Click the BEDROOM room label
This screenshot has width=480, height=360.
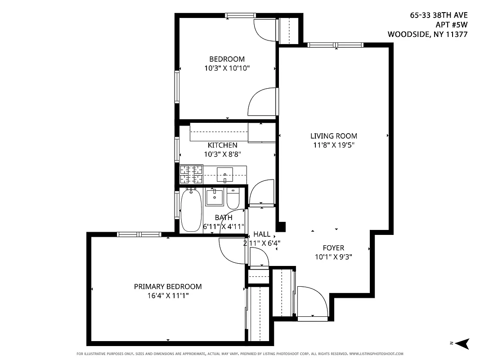(227, 59)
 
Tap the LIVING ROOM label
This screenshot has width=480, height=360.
(333, 136)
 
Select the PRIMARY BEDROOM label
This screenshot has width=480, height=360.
(168, 287)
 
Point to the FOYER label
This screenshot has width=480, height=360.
(333, 248)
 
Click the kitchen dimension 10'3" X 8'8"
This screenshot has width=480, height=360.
(222, 154)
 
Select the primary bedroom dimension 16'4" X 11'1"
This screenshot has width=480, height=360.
(168, 296)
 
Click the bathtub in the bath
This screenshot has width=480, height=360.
(191, 210)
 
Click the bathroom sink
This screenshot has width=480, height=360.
(215, 197)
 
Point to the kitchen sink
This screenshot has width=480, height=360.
(224, 174)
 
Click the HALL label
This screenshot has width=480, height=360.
(262, 234)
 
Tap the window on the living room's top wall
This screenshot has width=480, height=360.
(335, 45)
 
